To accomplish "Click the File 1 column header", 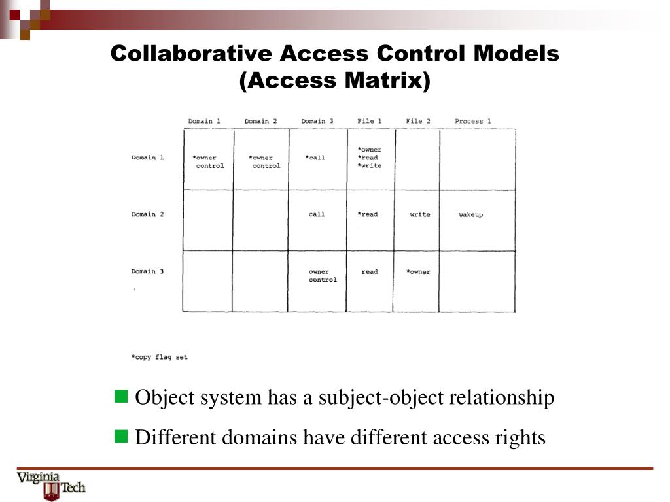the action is tap(369, 121).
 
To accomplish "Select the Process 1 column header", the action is tap(472, 121).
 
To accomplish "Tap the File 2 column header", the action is tap(418, 121).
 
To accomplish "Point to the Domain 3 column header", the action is tap(317, 121).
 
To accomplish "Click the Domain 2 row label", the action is tap(147, 214).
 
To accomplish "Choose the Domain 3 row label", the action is tap(147, 271).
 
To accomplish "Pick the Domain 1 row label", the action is tap(147, 158).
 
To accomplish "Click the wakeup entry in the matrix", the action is tap(470, 215).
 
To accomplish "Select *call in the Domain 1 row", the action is tap(315, 158).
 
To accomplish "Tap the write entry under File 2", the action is tap(420, 214).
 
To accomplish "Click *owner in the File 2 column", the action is tap(418, 272).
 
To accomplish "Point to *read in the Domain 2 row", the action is tap(368, 214).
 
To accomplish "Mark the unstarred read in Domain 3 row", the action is tap(370, 272).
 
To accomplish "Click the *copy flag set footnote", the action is tap(159, 357).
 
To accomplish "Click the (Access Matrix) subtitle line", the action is tap(335, 81).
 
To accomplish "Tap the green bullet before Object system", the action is tap(121, 396).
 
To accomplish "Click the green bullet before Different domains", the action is tap(121, 436).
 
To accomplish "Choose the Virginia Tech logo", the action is tap(51, 485).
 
